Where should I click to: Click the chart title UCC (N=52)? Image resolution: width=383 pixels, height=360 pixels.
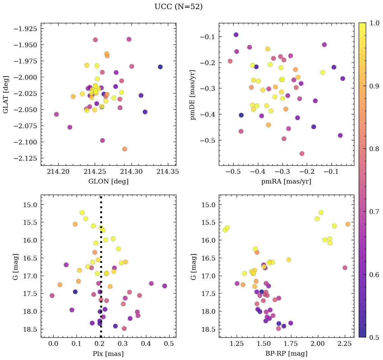tap(178, 7)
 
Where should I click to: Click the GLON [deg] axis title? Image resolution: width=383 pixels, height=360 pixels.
tap(108, 182)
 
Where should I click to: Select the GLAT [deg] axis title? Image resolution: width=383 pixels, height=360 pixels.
tap(6, 94)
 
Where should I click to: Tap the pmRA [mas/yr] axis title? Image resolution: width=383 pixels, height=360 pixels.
tap(286, 182)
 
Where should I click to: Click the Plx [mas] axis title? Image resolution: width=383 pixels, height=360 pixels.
tap(108, 354)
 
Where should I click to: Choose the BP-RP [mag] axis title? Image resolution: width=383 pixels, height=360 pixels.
tap(286, 354)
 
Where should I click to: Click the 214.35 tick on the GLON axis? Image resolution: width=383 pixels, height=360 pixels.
tap(168, 172)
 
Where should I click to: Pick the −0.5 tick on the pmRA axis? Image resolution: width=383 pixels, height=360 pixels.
tap(233, 172)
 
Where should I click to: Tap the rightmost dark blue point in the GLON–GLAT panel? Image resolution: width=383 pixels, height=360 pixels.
tap(160, 67)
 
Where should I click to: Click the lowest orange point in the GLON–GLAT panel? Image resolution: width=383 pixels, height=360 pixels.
tap(125, 149)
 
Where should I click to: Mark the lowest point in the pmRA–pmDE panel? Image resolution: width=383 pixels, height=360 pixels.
tap(302, 154)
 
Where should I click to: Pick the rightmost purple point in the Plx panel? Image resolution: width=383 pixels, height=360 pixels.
tap(165, 286)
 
